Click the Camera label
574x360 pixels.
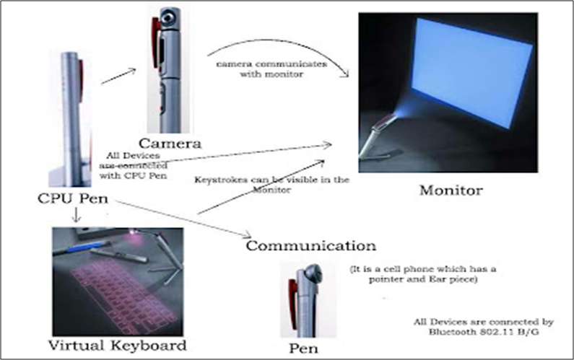pyautogui.click(x=171, y=144)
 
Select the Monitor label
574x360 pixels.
pyautogui.click(x=451, y=191)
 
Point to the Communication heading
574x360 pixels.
pyautogui.click(x=311, y=245)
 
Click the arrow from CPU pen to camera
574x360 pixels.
pyautogui.click(x=119, y=75)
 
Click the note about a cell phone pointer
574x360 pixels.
pyautogui.click(x=419, y=273)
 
